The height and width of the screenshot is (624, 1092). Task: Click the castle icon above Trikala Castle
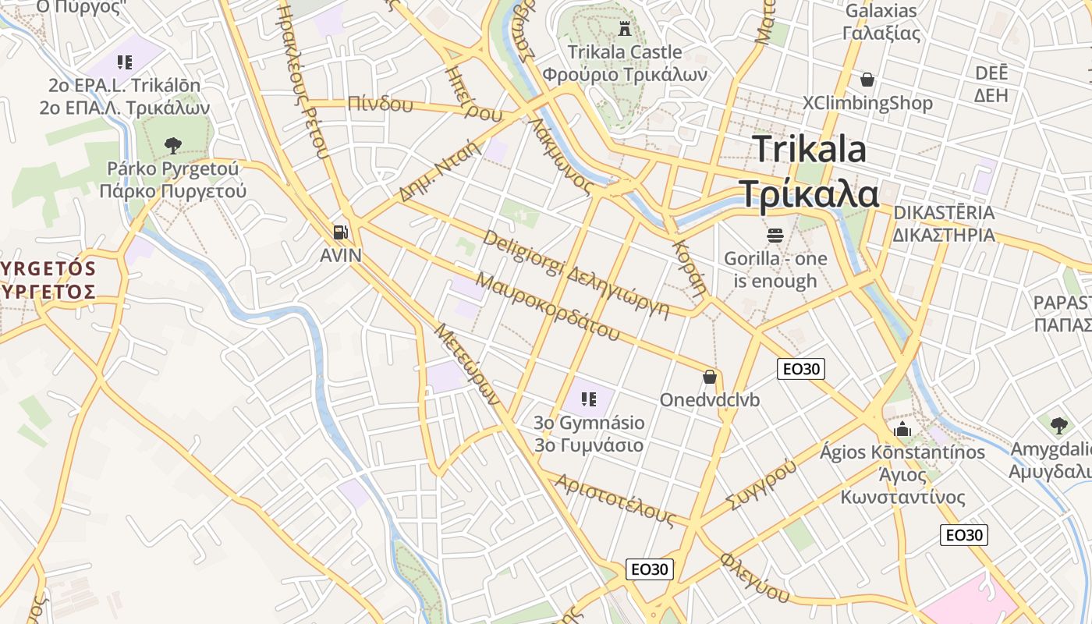click(624, 30)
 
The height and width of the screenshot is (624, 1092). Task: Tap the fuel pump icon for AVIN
click(340, 232)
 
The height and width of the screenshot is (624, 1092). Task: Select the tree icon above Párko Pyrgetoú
click(172, 144)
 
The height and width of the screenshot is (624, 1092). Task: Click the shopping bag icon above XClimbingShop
click(867, 80)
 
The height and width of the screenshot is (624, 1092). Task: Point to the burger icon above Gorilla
click(775, 234)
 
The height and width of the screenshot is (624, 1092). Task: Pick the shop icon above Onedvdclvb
click(710, 378)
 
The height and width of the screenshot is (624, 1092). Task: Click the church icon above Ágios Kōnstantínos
click(902, 429)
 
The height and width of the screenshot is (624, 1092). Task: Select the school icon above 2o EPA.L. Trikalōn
click(125, 62)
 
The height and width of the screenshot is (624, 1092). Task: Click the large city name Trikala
click(810, 148)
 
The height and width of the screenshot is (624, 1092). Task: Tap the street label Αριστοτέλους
click(615, 500)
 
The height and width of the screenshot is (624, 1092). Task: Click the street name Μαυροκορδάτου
click(547, 307)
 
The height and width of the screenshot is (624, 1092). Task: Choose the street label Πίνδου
click(380, 103)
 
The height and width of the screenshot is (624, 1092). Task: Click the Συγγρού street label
click(762, 484)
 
